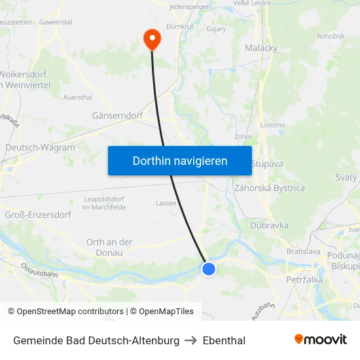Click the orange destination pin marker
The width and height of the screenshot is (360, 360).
click(x=152, y=39)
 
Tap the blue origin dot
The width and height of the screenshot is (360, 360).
click(x=209, y=268)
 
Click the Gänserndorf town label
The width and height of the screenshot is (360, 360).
click(x=118, y=115)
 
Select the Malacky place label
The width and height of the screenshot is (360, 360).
click(x=261, y=48)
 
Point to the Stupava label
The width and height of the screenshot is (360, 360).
click(x=267, y=164)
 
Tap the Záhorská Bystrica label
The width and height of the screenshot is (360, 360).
click(x=269, y=188)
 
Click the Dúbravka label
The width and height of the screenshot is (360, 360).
click(x=269, y=225)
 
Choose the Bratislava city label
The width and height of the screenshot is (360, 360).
click(x=304, y=251)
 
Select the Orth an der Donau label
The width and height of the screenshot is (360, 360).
click(x=109, y=247)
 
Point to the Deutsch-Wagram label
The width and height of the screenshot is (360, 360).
click(x=40, y=148)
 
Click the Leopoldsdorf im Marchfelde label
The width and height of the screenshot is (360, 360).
click(x=104, y=203)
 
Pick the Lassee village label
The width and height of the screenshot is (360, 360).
click(x=166, y=203)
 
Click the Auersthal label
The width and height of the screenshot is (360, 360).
click(x=77, y=97)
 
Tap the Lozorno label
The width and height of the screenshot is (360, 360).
click(x=272, y=124)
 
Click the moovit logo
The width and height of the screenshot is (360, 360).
click(x=321, y=339)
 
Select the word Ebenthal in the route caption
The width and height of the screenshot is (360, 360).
click(x=224, y=340)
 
